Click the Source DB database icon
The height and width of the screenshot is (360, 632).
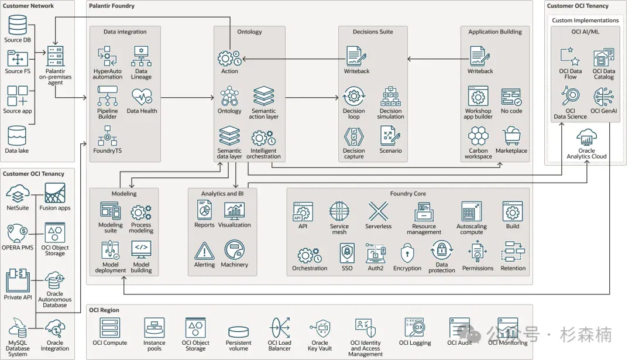tap(18, 25)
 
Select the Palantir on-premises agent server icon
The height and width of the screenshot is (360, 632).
tap(55, 56)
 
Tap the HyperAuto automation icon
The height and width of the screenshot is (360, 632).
tap(107, 56)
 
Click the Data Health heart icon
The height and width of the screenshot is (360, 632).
tap(142, 97)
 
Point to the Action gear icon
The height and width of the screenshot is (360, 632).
tap(229, 59)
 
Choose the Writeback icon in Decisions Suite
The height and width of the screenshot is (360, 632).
tap(356, 56)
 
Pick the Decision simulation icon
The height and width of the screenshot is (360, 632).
tap(390, 96)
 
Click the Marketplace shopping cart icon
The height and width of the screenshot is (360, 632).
tap(511, 136)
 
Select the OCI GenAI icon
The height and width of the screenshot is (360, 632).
tap(603, 97)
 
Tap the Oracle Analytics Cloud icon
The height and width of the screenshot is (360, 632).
tap(586, 138)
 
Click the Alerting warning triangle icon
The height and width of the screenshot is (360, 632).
tap(204, 251)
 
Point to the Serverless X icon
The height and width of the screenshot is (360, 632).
tap(378, 211)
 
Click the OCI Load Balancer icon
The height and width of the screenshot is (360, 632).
tap(280, 328)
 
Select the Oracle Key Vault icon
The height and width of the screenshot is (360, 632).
tap(321, 328)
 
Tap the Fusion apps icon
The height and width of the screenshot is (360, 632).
tap(55, 193)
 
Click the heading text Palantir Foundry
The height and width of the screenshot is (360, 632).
tap(112, 6)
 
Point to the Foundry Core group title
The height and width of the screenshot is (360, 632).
tap(408, 194)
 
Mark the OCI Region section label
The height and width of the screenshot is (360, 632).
tap(104, 310)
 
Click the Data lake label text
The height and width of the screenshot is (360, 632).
tap(17, 151)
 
